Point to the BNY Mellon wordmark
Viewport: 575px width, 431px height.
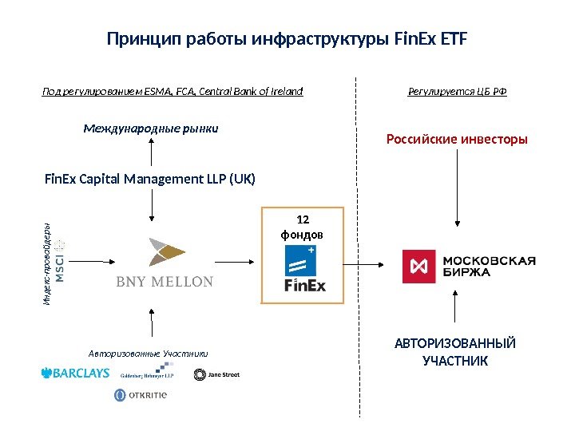pos(165,281)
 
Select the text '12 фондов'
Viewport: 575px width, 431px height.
pos(302,227)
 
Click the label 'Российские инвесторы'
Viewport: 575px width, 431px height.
pos(457,140)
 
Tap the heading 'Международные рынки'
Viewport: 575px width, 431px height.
pos(151,128)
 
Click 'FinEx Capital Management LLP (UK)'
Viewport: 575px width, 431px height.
pos(150,179)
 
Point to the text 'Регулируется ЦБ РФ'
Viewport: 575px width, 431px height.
pos(457,92)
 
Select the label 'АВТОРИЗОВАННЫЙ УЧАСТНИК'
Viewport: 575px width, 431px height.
pos(455,352)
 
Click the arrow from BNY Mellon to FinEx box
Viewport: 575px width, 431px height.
pos(231,260)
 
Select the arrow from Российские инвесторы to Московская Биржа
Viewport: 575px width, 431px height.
pos(456,186)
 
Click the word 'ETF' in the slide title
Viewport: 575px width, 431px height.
pos(454,38)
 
